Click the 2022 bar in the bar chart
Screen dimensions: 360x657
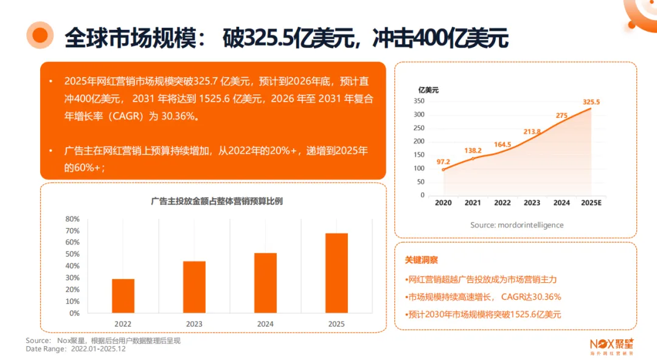(123, 296)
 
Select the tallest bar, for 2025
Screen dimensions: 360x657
(336, 273)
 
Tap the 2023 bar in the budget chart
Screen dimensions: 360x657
(194, 287)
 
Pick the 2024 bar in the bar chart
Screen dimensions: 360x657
(265, 283)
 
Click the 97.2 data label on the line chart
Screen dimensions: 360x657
(443, 162)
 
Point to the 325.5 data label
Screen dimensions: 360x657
(591, 102)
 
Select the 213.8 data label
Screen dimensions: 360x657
(532, 131)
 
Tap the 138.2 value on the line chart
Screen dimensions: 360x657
(473, 150)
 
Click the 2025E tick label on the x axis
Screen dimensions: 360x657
(591, 203)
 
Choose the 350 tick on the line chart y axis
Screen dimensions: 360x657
(419, 102)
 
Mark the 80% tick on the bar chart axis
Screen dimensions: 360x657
(72, 219)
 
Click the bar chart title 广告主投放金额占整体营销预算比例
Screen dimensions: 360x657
(217, 201)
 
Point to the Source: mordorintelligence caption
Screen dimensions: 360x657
(516, 225)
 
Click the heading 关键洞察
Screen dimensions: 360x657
(421, 260)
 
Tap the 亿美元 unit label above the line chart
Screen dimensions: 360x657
(428, 90)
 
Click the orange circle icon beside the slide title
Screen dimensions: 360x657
(40, 35)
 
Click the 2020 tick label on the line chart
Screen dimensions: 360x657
(443, 203)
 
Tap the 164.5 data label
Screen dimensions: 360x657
(502, 145)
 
